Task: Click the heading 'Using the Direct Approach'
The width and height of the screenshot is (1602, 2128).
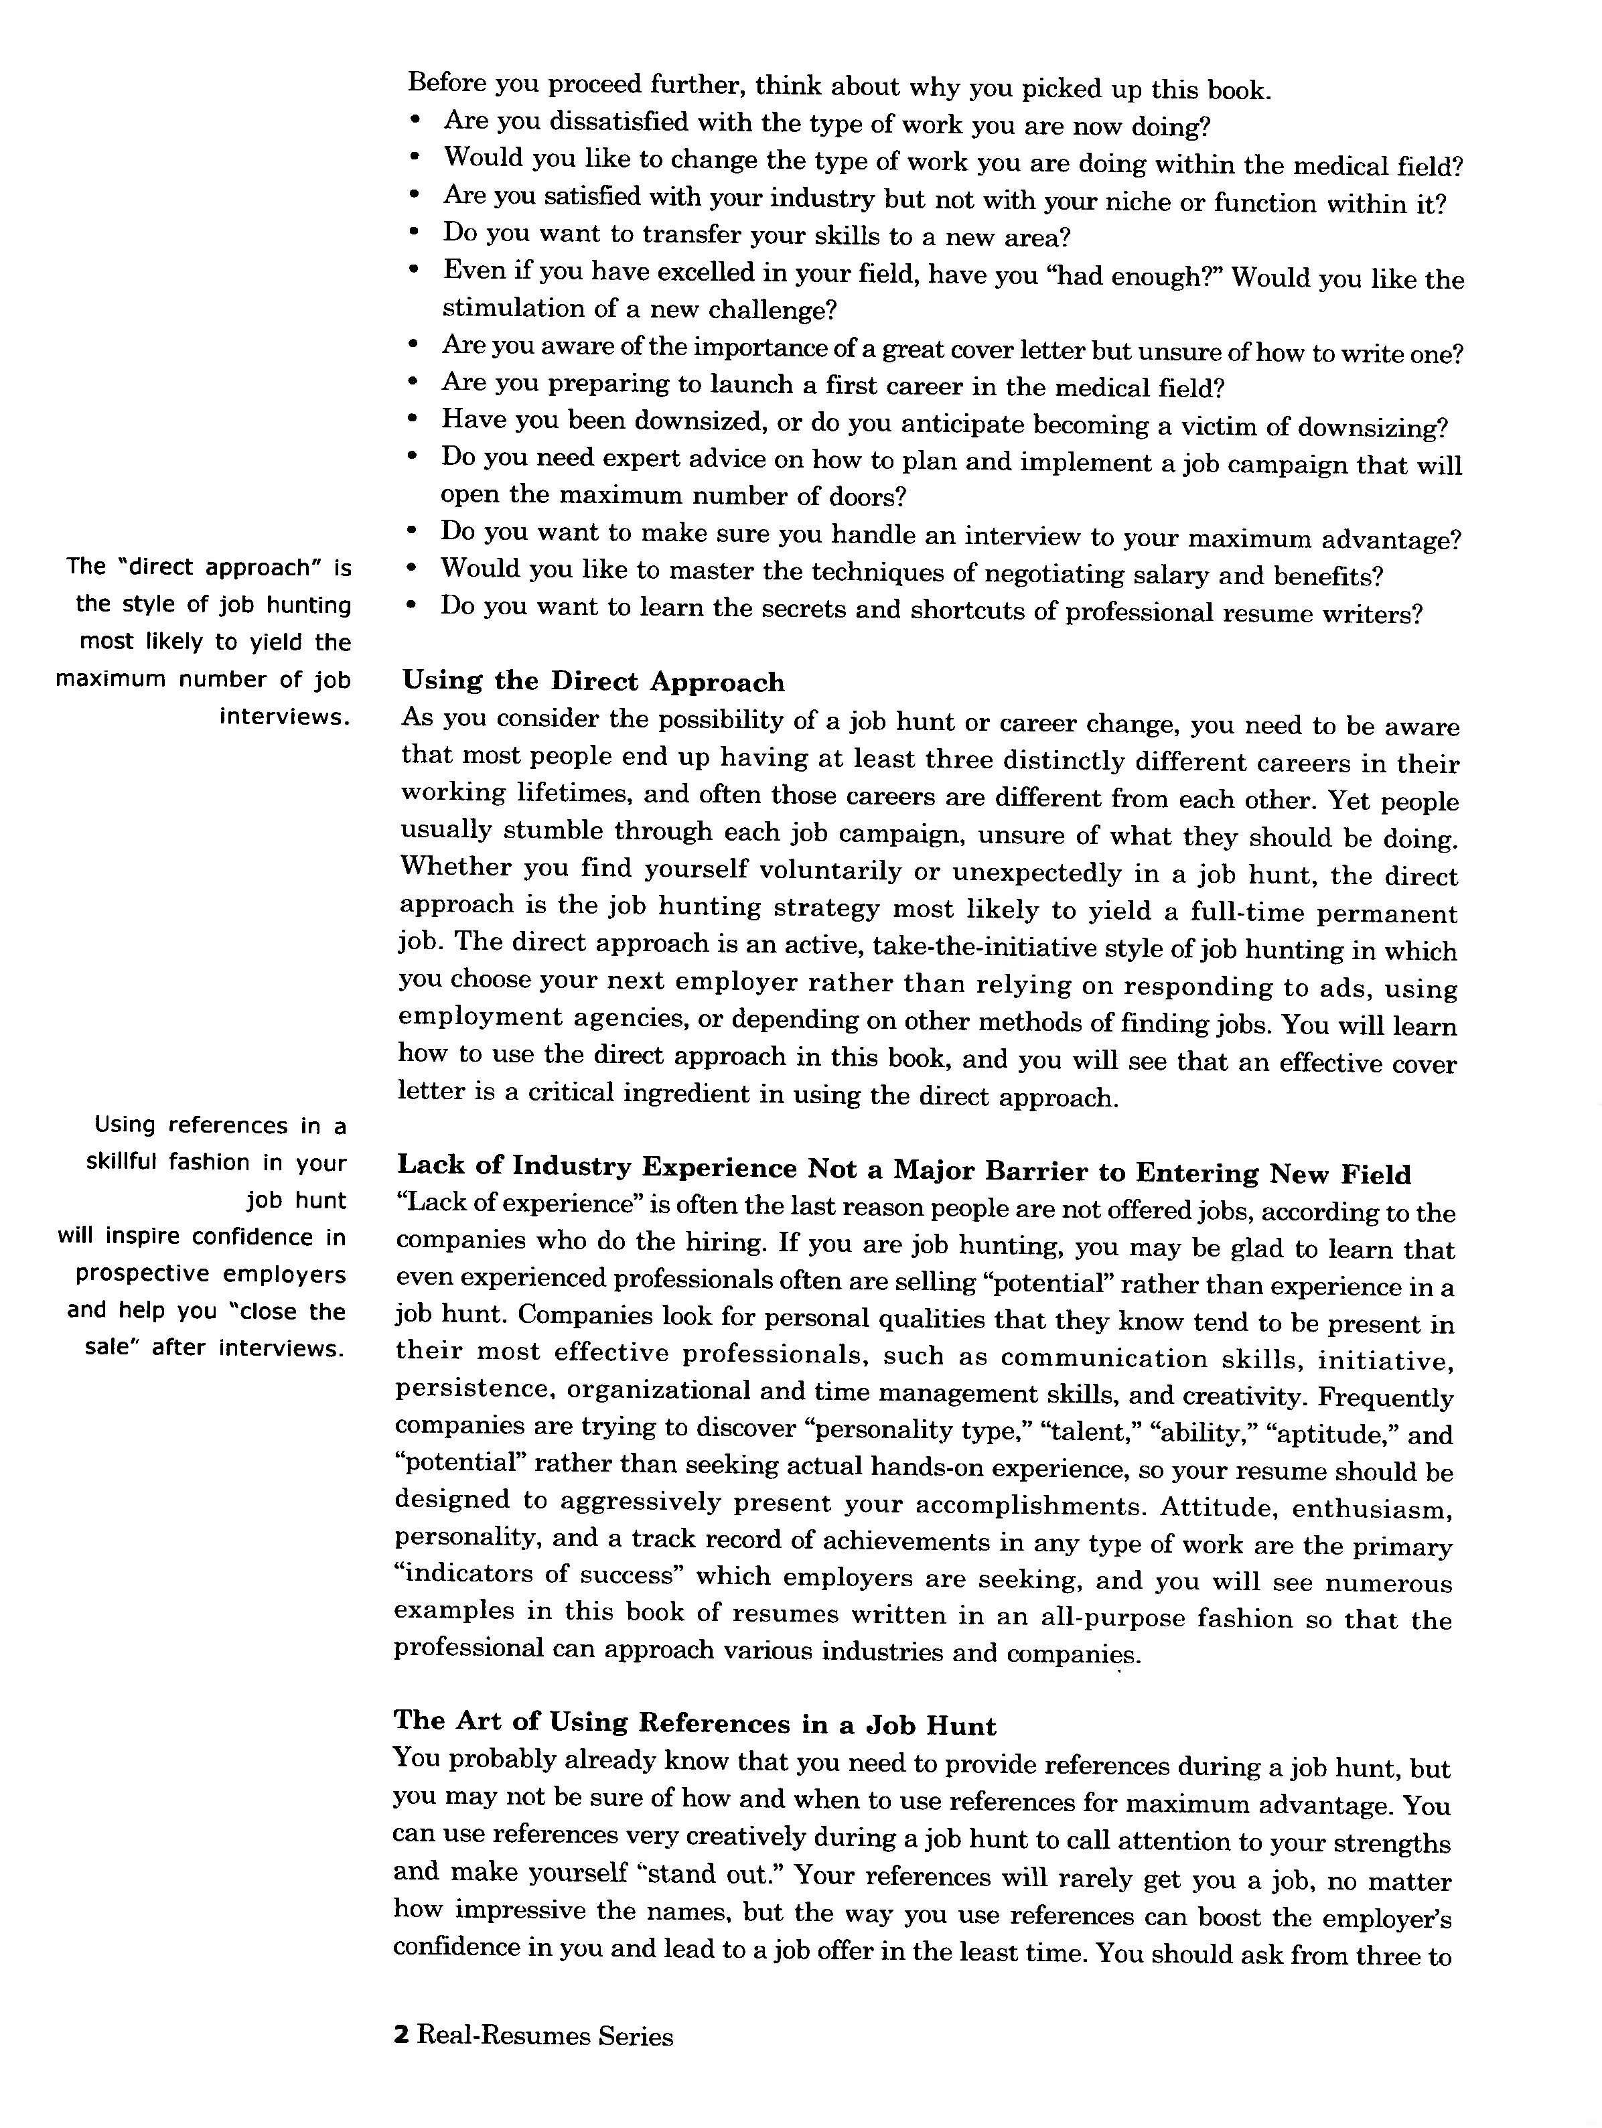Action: [x=593, y=682]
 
